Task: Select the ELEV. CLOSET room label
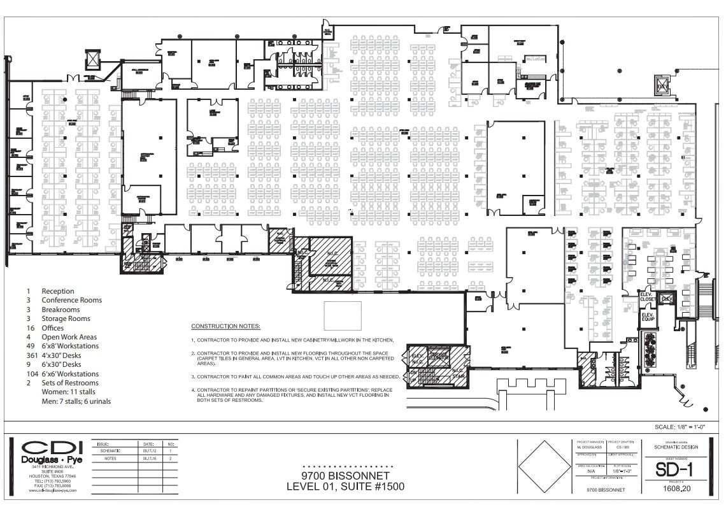pyautogui.click(x=648, y=298)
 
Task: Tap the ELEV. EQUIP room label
pyautogui.click(x=648, y=317)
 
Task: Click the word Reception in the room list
pyautogui.click(x=58, y=291)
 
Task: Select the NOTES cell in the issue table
pyautogui.click(x=108, y=458)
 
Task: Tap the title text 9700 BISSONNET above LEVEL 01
pyautogui.click(x=345, y=476)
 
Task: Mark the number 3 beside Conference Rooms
pyautogui.click(x=29, y=300)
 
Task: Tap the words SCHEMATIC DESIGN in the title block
pyautogui.click(x=667, y=447)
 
